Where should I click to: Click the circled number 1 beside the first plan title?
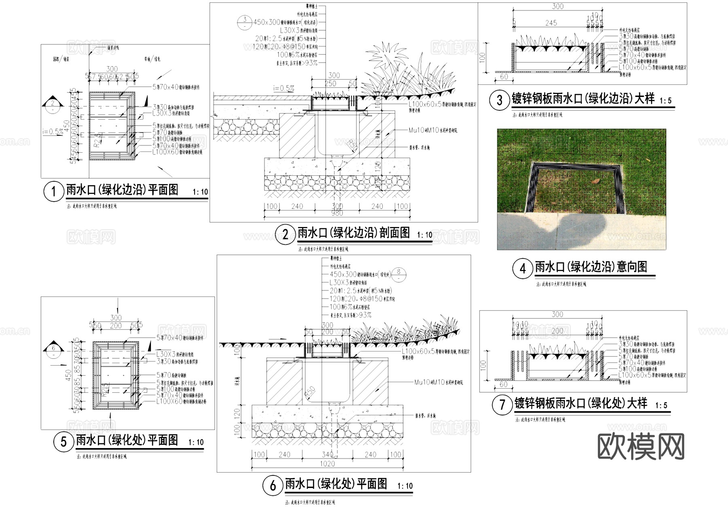click(54, 191)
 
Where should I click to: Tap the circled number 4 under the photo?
click(523, 269)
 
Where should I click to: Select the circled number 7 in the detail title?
click(502, 405)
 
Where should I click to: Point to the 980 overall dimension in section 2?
click(337, 213)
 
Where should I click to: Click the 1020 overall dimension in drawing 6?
click(327, 464)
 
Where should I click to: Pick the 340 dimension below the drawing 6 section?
click(327, 455)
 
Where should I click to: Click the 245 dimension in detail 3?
click(551, 23)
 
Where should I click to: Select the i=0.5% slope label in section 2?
click(284, 88)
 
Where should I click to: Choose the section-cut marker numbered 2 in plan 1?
click(53, 103)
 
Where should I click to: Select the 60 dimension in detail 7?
click(503, 385)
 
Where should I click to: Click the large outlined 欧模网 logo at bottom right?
click(641, 446)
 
